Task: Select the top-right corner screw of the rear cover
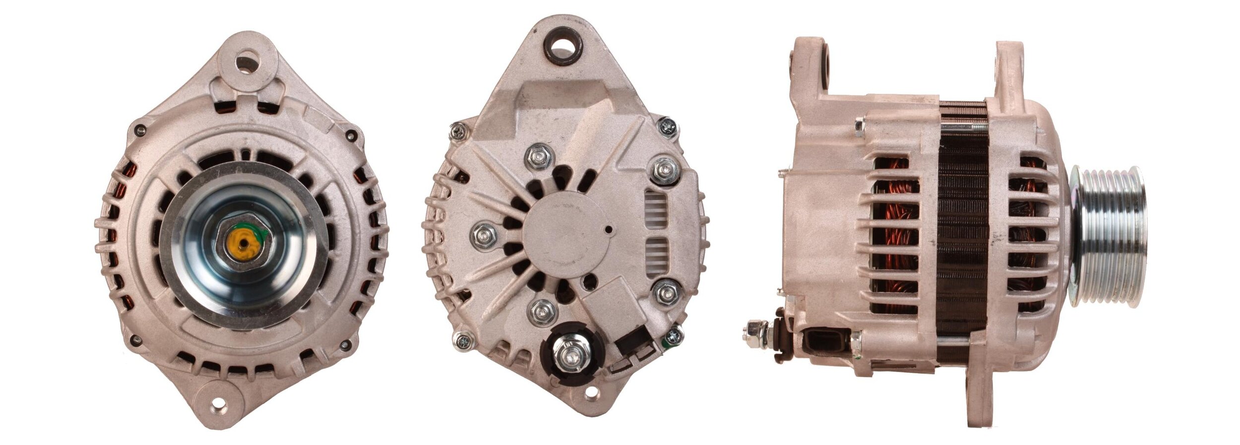coord(668,127)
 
